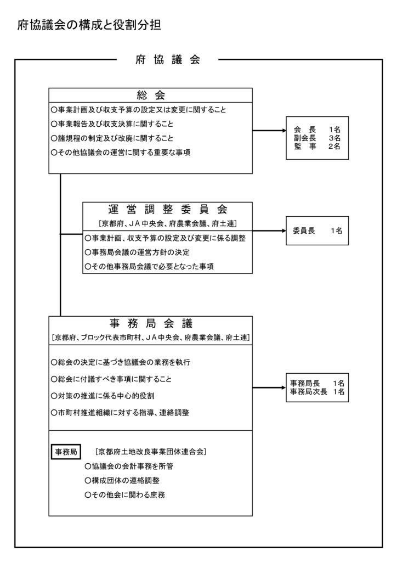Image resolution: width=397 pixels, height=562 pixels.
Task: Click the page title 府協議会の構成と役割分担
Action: [x=89, y=25]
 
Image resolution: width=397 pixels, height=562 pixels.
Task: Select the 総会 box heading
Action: [x=150, y=95]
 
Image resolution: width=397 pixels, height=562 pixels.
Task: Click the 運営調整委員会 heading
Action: [x=167, y=210]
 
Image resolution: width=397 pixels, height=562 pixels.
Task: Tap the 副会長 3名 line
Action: [x=317, y=138]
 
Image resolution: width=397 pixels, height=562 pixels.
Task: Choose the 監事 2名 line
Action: [x=317, y=147]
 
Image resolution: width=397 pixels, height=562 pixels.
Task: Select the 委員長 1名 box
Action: [x=317, y=232]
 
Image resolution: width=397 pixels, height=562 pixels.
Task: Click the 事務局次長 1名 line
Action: [x=317, y=392]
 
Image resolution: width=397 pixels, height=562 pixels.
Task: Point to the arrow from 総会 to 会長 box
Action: [x=269, y=131]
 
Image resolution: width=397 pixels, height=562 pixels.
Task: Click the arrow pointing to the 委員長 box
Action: [x=269, y=231]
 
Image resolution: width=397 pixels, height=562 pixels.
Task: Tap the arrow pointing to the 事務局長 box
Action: [x=269, y=387]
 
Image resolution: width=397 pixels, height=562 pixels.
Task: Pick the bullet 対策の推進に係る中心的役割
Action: [x=110, y=395]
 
